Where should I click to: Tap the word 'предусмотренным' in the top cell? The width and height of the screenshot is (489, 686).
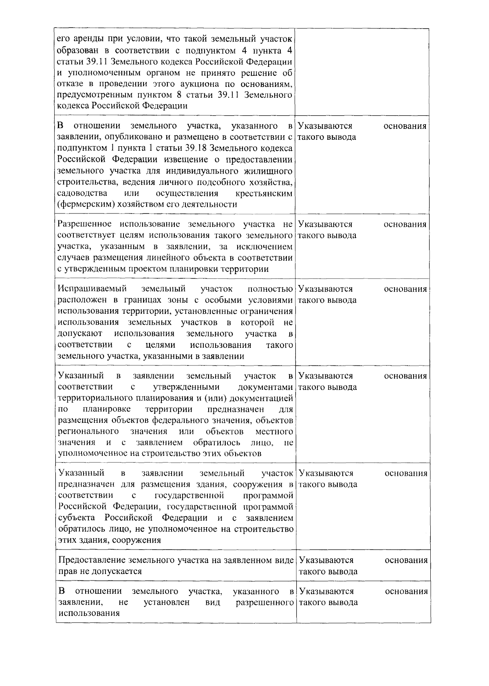(x=91, y=95)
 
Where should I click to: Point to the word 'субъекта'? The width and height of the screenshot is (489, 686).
(x=79, y=518)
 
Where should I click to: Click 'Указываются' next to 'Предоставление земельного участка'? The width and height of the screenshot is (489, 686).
(x=326, y=560)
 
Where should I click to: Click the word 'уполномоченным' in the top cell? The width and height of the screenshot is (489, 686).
(x=101, y=73)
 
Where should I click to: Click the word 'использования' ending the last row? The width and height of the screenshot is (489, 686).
(x=89, y=613)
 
